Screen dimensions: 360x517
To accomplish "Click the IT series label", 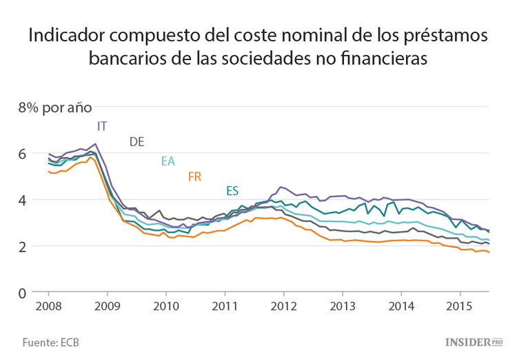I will coord(102,126).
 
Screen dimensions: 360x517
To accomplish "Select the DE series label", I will coord(136,142).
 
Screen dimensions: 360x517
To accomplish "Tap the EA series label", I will coord(168,161).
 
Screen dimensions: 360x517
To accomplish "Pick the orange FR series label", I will coord(194,177).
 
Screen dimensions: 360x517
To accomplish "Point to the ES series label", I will coord(232,191).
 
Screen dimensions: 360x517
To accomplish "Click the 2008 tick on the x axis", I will coord(48,306).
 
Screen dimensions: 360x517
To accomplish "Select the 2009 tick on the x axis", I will coord(108,306).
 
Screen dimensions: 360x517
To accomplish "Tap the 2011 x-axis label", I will coord(225,306).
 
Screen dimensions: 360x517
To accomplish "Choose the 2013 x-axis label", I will coord(343,306).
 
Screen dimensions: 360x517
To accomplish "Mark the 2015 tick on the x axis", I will coord(460,306).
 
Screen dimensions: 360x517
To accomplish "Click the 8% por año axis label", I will coord(54,108).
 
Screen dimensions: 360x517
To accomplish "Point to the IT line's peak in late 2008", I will coord(95,144).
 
